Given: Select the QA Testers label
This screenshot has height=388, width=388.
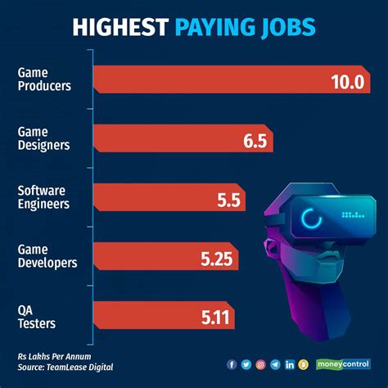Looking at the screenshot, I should (36, 316).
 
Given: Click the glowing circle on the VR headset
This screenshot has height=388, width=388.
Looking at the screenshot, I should (312, 219).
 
